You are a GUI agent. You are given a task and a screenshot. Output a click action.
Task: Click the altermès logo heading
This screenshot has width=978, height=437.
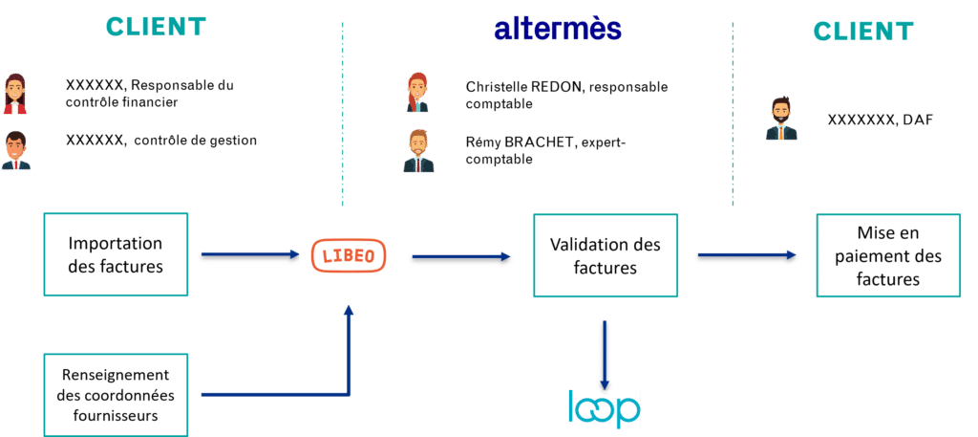[x=558, y=29]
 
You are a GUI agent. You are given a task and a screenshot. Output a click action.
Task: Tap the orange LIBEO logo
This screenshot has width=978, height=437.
[x=349, y=255]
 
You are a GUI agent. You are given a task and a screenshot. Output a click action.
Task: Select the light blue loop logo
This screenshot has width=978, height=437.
[x=604, y=409]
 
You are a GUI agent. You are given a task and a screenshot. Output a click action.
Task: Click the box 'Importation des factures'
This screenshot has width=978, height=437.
[x=116, y=254]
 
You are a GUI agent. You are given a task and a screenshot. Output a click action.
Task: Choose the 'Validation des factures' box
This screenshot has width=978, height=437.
[x=605, y=255]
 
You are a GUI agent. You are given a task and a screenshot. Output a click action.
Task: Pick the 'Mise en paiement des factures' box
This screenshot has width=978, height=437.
[x=888, y=255]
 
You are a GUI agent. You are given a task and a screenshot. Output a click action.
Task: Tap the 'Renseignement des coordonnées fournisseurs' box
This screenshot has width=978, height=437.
[x=116, y=395]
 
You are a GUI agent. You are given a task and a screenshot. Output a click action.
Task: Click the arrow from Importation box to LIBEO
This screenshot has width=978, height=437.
[x=251, y=254]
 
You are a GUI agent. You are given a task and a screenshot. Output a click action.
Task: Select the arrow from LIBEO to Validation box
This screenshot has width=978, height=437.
[x=461, y=255]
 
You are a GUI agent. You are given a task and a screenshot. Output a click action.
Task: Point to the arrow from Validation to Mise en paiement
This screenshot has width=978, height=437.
[x=747, y=254]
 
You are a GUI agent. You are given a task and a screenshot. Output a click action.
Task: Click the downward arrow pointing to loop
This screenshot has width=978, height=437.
[x=604, y=356]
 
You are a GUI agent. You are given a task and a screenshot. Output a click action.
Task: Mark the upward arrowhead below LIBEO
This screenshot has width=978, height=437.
[x=349, y=310]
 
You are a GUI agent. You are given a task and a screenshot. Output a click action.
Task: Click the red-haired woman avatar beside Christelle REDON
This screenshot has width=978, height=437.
[x=417, y=93]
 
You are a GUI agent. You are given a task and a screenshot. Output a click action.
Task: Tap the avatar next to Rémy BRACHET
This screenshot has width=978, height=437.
[x=418, y=151]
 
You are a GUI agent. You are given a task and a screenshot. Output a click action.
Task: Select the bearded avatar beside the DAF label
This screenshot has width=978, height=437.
[x=781, y=118]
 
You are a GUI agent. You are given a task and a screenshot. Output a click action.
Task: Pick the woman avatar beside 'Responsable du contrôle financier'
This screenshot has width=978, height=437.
[x=15, y=94]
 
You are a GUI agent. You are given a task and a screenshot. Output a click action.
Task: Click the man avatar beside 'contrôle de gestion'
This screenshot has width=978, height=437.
[x=15, y=150]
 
